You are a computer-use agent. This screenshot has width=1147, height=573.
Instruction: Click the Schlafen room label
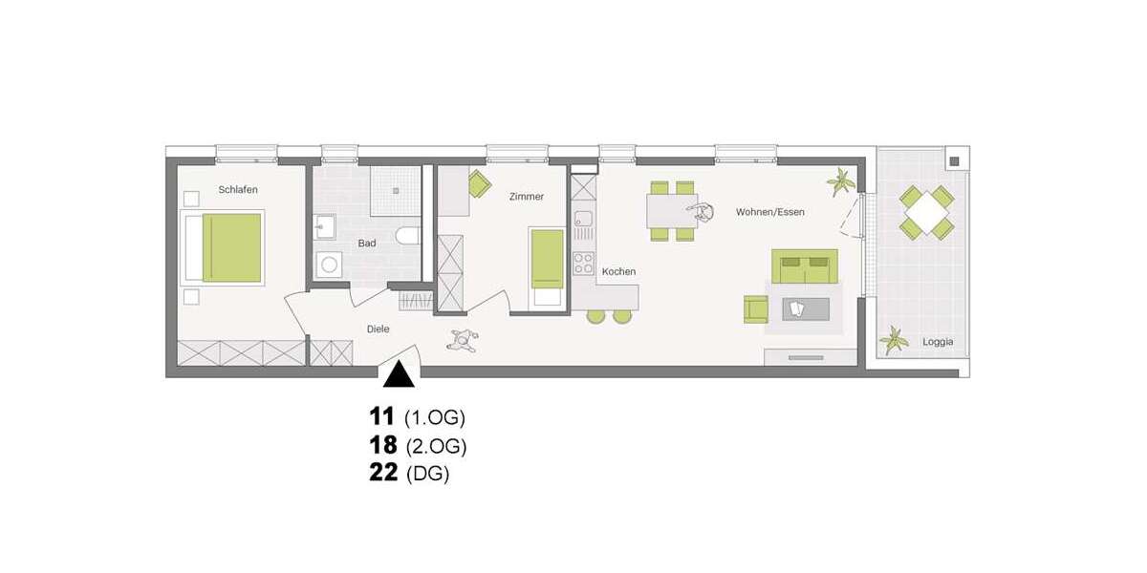click(238, 189)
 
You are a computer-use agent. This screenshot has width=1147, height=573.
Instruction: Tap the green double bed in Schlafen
click(230, 247)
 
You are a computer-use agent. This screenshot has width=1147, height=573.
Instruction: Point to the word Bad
click(367, 244)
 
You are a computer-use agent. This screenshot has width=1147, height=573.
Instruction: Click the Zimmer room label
click(526, 197)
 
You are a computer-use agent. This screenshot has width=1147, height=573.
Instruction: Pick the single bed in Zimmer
click(548, 260)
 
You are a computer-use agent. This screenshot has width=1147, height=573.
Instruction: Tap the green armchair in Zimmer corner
click(478, 181)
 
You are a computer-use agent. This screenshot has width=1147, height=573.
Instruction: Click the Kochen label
click(618, 272)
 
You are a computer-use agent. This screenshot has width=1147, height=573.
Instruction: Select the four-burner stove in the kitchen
click(583, 263)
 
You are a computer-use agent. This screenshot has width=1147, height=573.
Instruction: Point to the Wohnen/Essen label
click(769, 211)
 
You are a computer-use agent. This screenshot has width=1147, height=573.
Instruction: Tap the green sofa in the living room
click(804, 266)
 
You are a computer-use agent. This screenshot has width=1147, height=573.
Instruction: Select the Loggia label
click(938, 342)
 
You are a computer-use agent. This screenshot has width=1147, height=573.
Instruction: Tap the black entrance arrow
click(399, 374)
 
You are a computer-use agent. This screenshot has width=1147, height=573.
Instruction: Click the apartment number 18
click(382, 445)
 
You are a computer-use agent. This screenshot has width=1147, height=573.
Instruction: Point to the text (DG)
click(427, 474)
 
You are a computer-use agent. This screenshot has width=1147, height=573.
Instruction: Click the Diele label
click(379, 329)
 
